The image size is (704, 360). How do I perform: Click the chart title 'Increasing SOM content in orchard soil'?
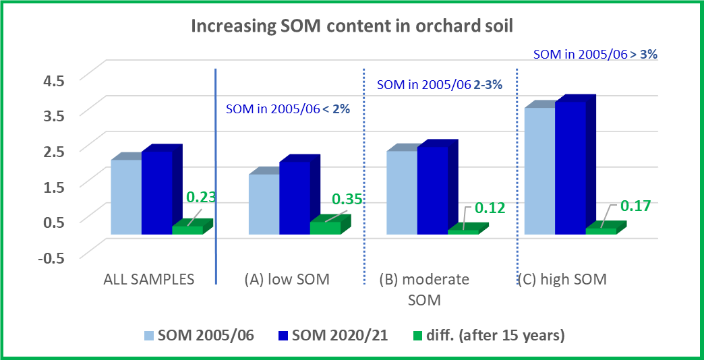pyautogui.click(x=351, y=26)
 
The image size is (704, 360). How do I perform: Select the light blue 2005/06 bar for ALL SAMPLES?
pyautogui.click(x=126, y=197)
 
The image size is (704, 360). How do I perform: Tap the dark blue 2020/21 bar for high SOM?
pyautogui.click(x=570, y=169)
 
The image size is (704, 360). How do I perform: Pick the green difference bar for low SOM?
pyautogui.click(x=325, y=228)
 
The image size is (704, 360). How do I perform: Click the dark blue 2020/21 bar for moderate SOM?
pyautogui.click(x=432, y=191)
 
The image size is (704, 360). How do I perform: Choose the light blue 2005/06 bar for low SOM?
pyautogui.click(x=264, y=204)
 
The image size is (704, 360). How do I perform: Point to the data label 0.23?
pyautogui.click(x=200, y=198)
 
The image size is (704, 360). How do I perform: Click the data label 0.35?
pyautogui.click(x=347, y=200)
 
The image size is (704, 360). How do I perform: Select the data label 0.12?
pyautogui.click(x=490, y=208)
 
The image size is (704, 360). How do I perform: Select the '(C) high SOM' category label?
pyautogui.click(x=562, y=279)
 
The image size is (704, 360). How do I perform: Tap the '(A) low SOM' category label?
pyautogui.click(x=286, y=279)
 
